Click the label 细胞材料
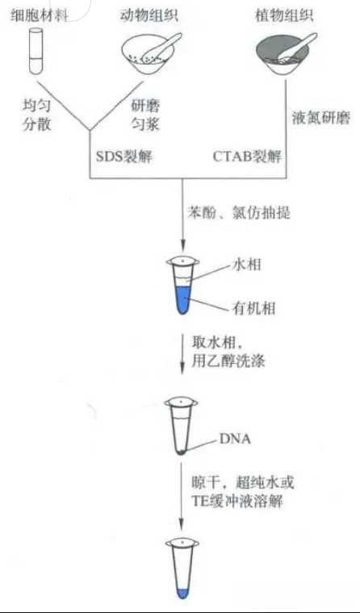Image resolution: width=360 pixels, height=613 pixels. [x=39, y=16]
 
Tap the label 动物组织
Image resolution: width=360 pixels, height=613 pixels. [x=149, y=16]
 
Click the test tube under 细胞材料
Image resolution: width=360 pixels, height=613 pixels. [x=38, y=51]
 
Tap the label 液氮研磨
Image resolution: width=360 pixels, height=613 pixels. [x=321, y=119]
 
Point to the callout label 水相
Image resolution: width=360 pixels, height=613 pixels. [x=247, y=265]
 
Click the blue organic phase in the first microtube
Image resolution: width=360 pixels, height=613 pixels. [x=182, y=299]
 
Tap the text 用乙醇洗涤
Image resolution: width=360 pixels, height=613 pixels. [x=228, y=361]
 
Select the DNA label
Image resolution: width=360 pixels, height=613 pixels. [x=235, y=439]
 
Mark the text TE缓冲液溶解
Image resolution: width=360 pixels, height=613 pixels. [x=237, y=501]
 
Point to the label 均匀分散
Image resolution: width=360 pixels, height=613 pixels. [x=37, y=115]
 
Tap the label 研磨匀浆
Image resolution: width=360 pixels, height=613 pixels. [x=144, y=115]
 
